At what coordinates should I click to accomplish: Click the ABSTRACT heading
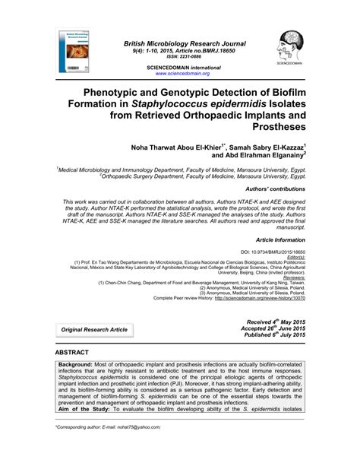point(72,353)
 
